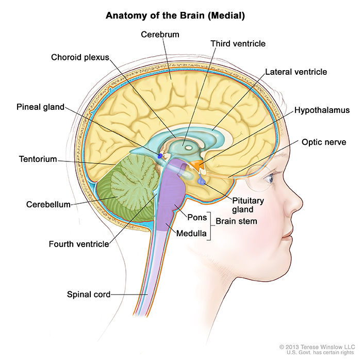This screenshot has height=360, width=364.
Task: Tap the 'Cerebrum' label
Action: coord(160,34)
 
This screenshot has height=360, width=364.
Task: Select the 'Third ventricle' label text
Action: coord(238,44)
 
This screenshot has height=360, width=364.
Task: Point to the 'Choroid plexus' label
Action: coord(80,57)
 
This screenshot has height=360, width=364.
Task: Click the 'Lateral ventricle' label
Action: coord(296,72)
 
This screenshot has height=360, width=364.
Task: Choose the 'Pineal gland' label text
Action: coord(39,107)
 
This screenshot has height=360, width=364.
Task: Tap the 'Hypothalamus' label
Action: coord(322,110)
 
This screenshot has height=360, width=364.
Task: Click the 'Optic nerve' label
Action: coord(324,142)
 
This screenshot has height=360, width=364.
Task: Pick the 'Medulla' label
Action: coord(191,234)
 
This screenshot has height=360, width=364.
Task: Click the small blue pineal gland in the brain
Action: coord(160,155)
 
